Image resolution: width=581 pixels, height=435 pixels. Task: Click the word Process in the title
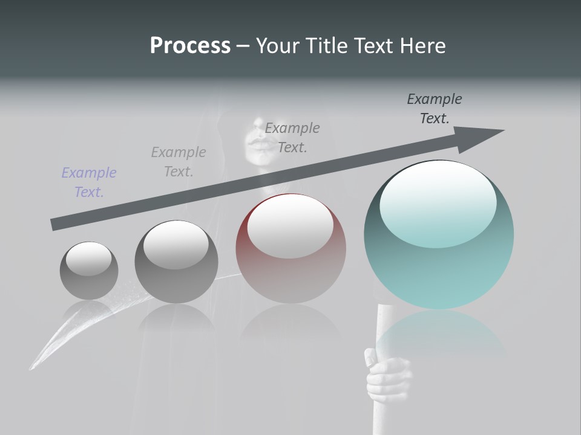tap(190, 45)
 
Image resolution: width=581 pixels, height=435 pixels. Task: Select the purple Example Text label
tap(89, 182)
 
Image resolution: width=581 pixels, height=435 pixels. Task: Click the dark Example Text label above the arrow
tap(435, 109)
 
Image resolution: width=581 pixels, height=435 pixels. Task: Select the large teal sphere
tap(439, 266)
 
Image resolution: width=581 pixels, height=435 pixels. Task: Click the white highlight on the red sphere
tap(290, 227)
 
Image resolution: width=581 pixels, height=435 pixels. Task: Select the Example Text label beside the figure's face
tap(292, 137)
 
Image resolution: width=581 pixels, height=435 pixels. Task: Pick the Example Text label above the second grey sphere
tap(179, 162)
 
